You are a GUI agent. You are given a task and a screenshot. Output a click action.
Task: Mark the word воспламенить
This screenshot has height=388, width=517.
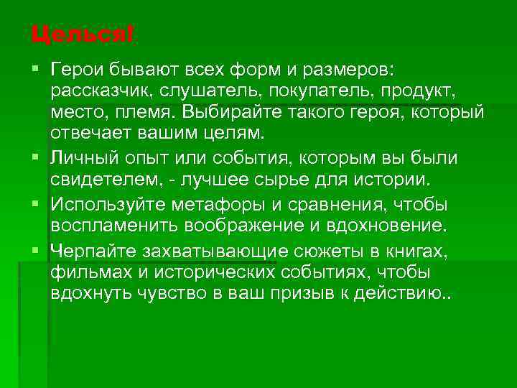click(x=113, y=226)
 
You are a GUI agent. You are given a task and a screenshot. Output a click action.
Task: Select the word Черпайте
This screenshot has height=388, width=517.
click(x=90, y=250)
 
